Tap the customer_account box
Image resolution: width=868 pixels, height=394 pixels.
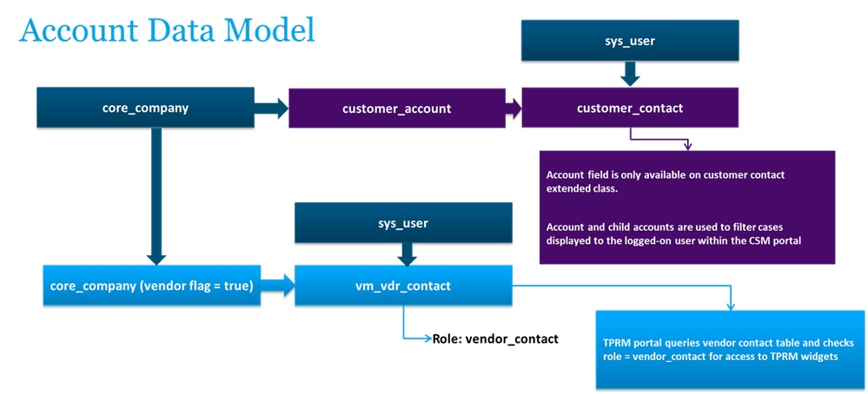[x=396, y=108]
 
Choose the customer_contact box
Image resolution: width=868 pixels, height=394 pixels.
[x=630, y=108]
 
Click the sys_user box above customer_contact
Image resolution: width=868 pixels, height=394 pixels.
[x=630, y=40]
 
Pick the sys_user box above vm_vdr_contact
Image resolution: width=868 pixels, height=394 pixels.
[x=402, y=223]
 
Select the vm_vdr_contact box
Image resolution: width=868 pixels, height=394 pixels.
[x=402, y=286]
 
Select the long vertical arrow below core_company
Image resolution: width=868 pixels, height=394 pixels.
[x=156, y=195]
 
